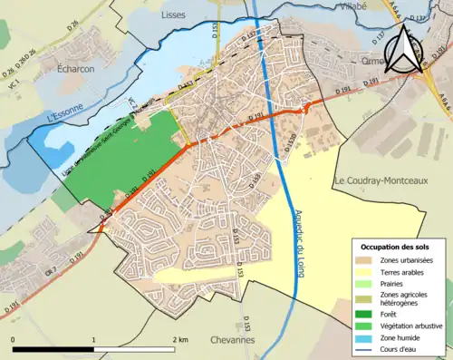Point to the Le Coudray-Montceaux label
click(x=379, y=179)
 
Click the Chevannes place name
click(x=232, y=339)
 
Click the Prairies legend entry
click(x=398, y=283)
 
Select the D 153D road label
click(x=288, y=139)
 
